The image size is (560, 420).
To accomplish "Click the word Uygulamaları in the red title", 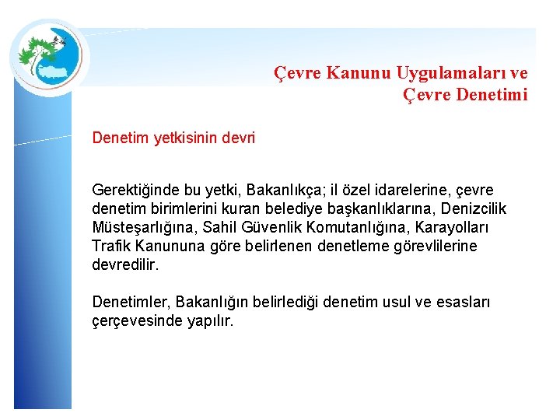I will pyautogui.click(x=442, y=73).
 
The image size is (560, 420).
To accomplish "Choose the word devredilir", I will pyautogui.click(x=125, y=265).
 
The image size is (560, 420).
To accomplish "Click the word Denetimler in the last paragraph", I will pyautogui.click(x=131, y=302).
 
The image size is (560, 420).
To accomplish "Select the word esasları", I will pyautogui.click(x=462, y=302).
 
